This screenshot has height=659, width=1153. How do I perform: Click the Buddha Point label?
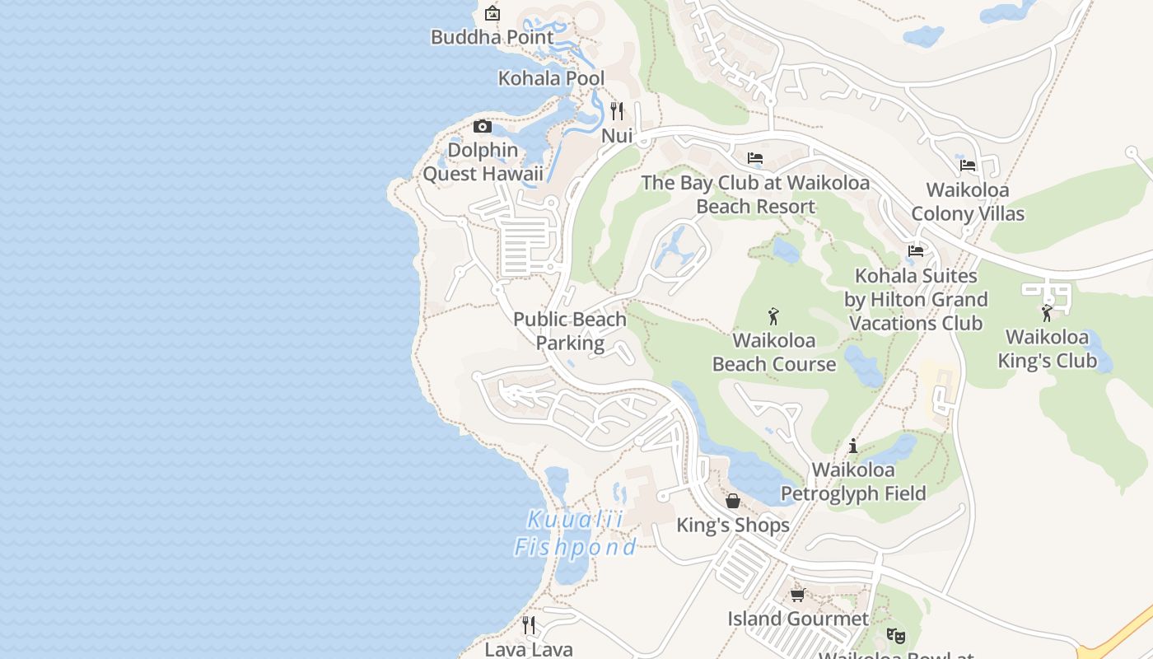coord(492,37)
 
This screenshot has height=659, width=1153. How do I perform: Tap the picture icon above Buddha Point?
coord(492,12)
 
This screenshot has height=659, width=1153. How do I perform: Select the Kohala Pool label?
coord(551,78)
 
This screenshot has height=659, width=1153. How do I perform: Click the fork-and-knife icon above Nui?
coord(617,110)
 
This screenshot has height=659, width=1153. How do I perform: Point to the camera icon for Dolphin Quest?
coord(483,126)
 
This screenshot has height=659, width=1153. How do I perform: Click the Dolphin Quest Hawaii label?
coord(483,162)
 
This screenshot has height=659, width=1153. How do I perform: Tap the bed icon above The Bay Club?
coord(755,158)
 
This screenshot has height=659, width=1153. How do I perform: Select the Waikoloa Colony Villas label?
coord(968,202)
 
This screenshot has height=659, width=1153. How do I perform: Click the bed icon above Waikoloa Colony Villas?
coord(968,166)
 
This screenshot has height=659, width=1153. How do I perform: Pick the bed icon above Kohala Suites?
coord(916,251)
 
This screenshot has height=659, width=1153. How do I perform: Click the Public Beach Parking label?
coord(570,331)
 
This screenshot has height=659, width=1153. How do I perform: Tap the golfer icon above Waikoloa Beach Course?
coord(773,315)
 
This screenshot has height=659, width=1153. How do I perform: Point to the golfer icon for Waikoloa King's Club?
coord(1047,313)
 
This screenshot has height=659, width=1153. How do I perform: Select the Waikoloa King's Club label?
coord(1047,349)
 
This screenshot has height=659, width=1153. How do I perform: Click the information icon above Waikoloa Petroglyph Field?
coord(853,446)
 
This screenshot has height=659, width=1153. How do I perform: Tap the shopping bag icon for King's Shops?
coord(732,501)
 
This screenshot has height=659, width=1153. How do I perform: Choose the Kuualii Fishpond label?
coord(575,534)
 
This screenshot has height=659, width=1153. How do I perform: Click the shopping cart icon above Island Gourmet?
coord(796,594)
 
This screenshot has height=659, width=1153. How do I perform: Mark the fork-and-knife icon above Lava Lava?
coord(529,625)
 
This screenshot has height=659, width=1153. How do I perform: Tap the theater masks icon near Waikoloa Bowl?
coord(895,635)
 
